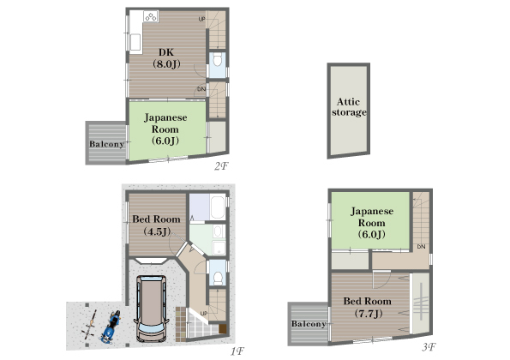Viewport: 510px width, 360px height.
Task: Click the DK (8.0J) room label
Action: point(166,58)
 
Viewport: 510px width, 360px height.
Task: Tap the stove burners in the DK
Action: point(151,16)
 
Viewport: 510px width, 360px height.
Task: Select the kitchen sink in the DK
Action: point(135,42)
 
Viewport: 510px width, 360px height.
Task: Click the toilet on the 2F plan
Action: point(217,60)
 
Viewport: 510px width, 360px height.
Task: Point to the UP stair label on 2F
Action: point(202,19)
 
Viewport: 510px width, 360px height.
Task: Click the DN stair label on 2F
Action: point(201,89)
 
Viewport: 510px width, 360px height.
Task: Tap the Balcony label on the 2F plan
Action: point(106,144)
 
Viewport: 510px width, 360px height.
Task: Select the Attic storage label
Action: point(349,107)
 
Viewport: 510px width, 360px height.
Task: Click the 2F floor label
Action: point(221,166)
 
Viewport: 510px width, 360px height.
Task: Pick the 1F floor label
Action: point(237,351)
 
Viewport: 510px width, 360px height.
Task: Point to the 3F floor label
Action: point(429,347)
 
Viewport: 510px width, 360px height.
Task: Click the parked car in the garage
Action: point(152,309)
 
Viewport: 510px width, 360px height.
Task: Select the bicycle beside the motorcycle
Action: point(90,325)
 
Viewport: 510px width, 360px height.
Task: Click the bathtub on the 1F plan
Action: point(218,207)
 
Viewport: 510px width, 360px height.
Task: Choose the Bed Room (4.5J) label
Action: point(157,225)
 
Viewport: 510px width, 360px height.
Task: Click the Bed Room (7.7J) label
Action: point(368,307)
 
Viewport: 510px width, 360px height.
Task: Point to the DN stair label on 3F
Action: point(421,247)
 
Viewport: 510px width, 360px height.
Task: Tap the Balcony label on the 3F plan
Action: point(309,324)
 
